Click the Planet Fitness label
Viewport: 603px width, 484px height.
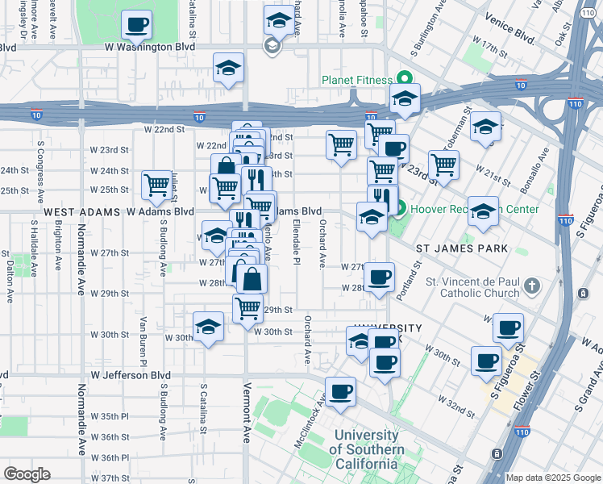click(x=356, y=80)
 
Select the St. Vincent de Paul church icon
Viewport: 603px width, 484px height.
click(x=531, y=286)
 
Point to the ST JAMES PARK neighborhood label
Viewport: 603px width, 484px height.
click(x=462, y=248)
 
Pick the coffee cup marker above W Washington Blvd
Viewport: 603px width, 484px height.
click(x=137, y=24)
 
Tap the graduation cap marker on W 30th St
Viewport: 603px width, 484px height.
click(x=208, y=327)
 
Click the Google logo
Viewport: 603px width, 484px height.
click(x=27, y=474)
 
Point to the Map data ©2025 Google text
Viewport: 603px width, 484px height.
click(x=553, y=478)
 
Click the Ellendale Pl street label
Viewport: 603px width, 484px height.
click(x=297, y=241)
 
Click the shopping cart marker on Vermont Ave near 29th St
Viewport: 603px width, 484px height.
click(x=247, y=307)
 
